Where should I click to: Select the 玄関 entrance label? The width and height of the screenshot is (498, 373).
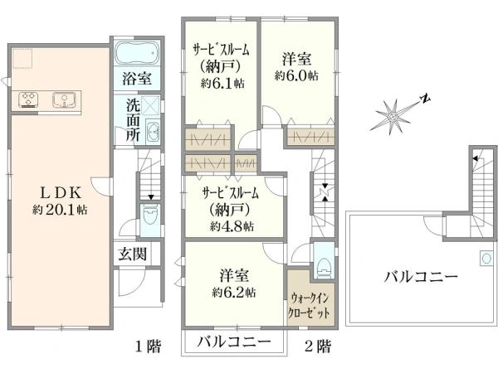[x=129, y=254]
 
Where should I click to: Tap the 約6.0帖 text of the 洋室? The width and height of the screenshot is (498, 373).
[x=296, y=75]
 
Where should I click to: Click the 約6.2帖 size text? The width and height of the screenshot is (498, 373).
[x=233, y=292]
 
